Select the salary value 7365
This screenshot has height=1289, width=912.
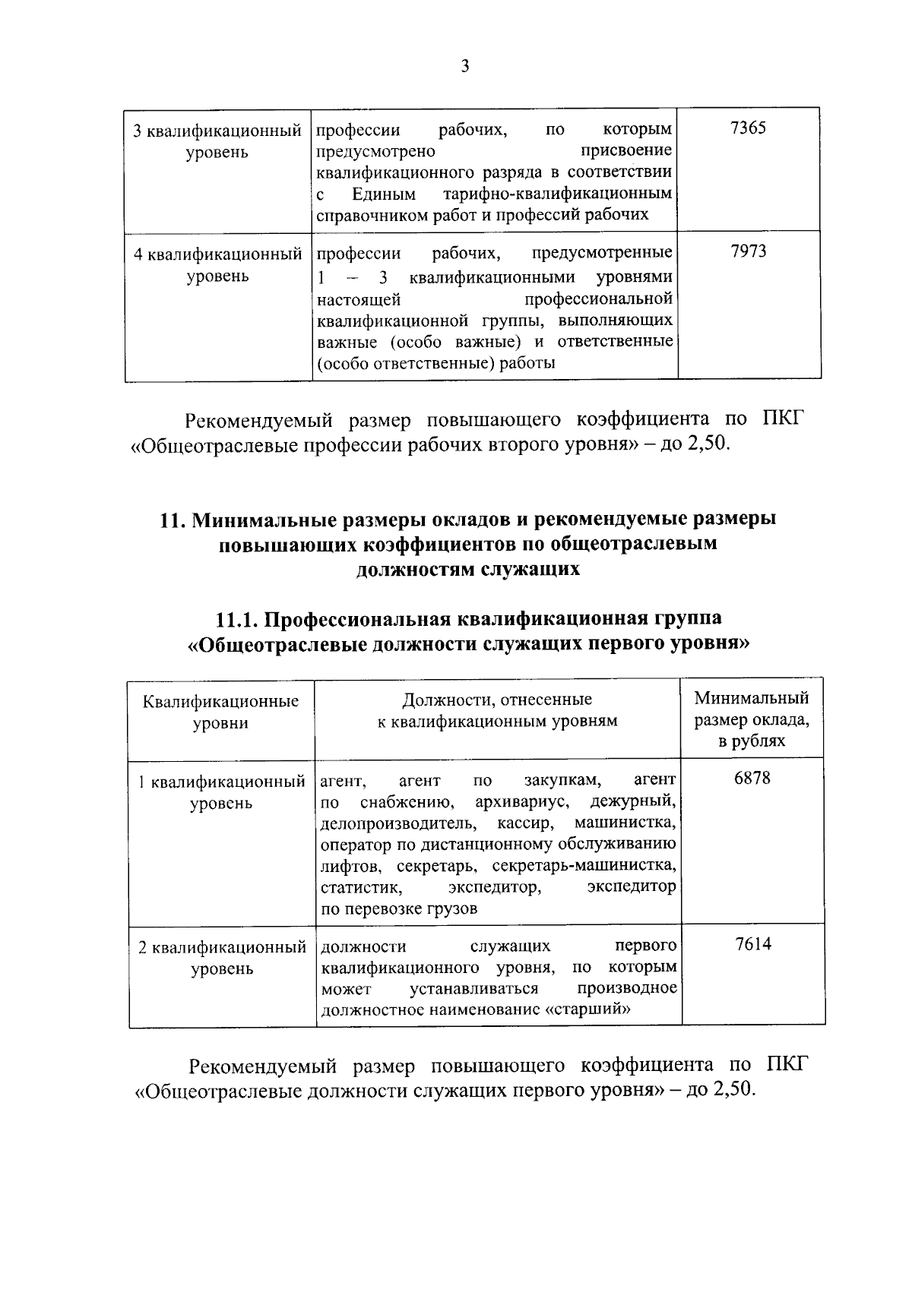(748, 128)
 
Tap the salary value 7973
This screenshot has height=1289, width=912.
(748, 251)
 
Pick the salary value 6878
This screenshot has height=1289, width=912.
(752, 779)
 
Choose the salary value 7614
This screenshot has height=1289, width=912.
(753, 944)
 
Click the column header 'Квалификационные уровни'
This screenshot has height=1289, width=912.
(220, 712)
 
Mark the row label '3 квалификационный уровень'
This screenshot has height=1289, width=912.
(217, 141)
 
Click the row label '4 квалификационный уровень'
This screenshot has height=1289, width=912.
(217, 264)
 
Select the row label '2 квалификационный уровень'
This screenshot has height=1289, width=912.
(221, 958)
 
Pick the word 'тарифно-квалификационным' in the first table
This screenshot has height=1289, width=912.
(558, 194)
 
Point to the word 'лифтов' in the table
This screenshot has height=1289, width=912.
(346, 866)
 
